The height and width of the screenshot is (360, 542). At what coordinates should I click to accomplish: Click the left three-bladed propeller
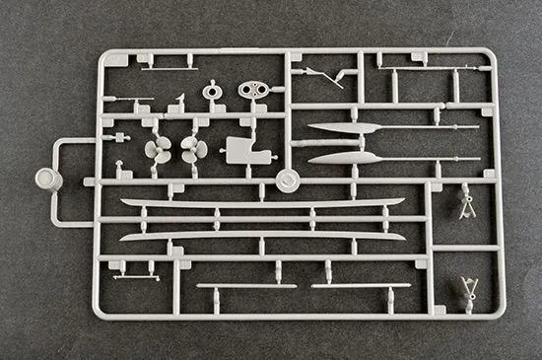click(158, 151)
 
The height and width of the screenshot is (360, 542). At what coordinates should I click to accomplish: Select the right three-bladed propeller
click(192, 151)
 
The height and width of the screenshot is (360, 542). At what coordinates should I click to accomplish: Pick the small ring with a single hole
click(212, 92)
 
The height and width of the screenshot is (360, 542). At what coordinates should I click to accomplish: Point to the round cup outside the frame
click(46, 180)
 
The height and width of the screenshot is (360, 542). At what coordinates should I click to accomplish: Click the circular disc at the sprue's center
click(287, 181)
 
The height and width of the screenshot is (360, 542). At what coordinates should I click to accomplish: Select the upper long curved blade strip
click(261, 203)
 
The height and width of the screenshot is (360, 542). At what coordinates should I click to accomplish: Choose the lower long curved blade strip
click(261, 236)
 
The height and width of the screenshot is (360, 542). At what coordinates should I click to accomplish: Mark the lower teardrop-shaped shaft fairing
click(340, 159)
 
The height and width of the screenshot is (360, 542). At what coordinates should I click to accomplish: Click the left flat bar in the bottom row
click(245, 286)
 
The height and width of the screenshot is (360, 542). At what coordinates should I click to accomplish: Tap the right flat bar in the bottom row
click(361, 286)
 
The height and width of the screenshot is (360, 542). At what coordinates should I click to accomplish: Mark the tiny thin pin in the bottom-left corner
click(135, 278)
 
